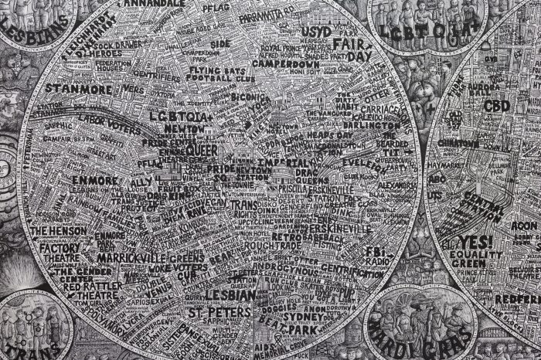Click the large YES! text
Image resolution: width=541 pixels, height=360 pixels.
(x=477, y=242)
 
